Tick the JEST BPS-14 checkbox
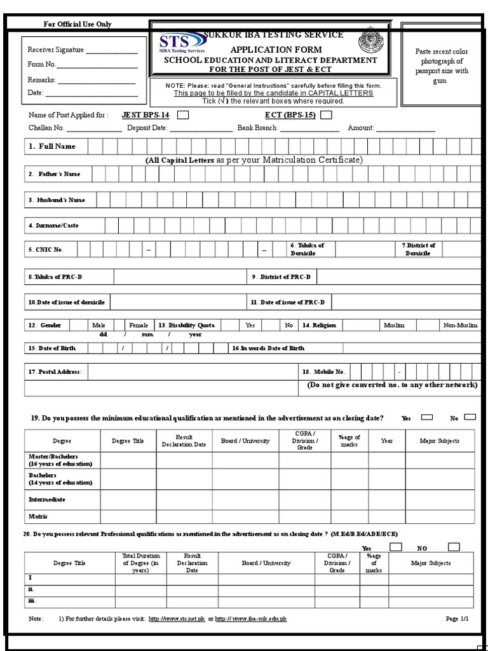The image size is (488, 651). click(x=182, y=116)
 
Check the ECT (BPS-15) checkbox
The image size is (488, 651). click(x=326, y=116)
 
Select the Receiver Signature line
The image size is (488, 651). click(x=112, y=51)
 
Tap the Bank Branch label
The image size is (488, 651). click(x=257, y=128)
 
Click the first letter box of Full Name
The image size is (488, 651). click(x=95, y=147)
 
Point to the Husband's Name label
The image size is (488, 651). click(x=56, y=200)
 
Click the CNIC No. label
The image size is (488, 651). click(x=46, y=250)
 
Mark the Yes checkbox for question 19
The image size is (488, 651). click(x=427, y=418)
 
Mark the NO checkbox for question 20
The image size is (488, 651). click(x=454, y=547)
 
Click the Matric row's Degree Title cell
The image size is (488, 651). click(x=128, y=516)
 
